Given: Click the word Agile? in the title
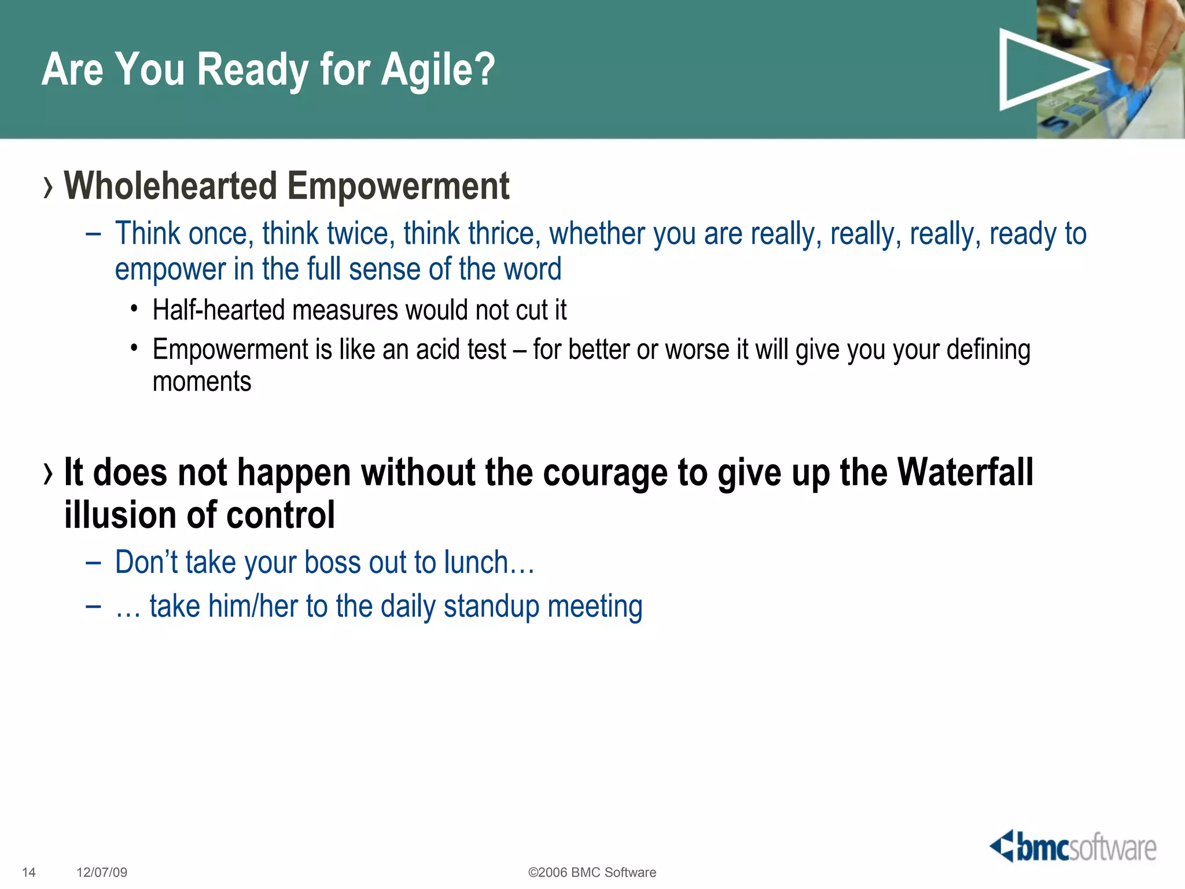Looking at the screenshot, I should (x=438, y=69).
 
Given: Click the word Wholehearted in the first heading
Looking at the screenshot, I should (x=170, y=186).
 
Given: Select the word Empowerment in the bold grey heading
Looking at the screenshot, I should (x=398, y=186).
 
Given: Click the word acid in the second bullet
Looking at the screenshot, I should (x=437, y=350).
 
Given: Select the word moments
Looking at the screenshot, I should (x=202, y=382).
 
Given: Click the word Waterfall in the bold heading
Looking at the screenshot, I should (x=965, y=472).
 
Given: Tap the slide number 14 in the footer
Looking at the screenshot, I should (x=28, y=872).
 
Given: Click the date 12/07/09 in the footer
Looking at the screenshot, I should (x=102, y=872).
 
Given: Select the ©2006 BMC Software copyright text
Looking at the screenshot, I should (x=592, y=872).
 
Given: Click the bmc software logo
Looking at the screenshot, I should (x=1073, y=847).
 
